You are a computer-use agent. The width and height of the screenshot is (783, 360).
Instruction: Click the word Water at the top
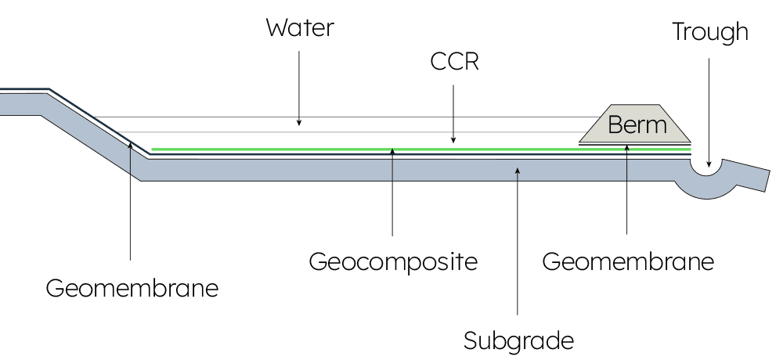[x=300, y=29]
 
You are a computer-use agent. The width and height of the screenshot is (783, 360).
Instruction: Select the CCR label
[x=454, y=62]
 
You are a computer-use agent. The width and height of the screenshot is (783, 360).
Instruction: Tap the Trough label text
[x=709, y=32]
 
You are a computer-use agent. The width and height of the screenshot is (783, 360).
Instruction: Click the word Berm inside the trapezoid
[x=637, y=125]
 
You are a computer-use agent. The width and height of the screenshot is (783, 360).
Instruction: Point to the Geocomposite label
[x=392, y=261]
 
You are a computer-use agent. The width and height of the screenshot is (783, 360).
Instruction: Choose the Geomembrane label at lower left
[x=132, y=288]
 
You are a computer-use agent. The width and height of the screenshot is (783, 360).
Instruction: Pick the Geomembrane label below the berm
[x=628, y=261]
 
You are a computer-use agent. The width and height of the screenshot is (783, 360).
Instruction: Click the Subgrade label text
[x=518, y=341]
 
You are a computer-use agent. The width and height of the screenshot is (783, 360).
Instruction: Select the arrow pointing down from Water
[x=299, y=86]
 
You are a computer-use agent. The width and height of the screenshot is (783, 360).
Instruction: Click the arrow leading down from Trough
[x=709, y=110]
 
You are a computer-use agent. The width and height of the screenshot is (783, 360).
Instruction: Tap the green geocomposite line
[x=313, y=148]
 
